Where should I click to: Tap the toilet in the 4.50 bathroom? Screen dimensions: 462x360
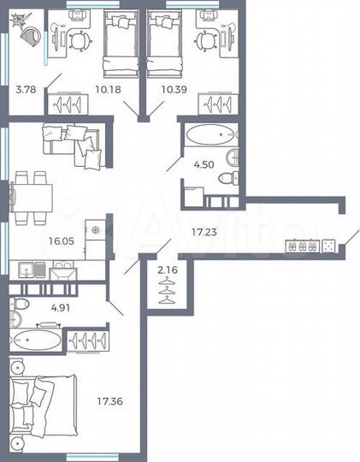coord(228,179)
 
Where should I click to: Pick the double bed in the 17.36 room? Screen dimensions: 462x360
coord(34,402)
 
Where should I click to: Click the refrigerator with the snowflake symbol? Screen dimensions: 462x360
coord(96,234)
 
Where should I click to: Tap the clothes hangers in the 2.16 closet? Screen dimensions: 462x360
coord(168,292)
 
